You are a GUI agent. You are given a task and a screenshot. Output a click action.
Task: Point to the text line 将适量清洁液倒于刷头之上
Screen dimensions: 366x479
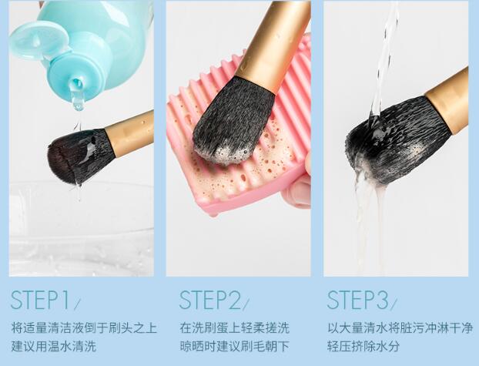84,327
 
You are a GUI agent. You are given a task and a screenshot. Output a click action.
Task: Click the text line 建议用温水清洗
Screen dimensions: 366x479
53,347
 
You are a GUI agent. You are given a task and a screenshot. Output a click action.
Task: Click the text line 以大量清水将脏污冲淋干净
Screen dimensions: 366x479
400,327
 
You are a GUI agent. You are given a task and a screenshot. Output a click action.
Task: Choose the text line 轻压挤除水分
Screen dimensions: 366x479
363,347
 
